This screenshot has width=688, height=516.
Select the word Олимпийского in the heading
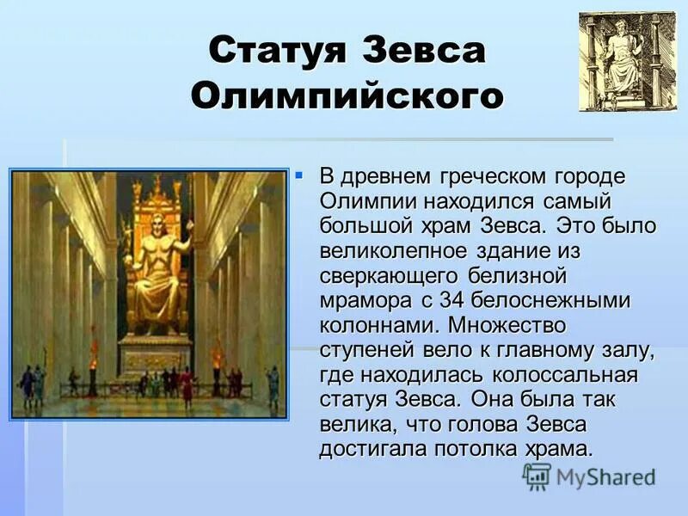[346, 96]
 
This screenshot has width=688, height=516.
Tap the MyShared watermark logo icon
[537, 476]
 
